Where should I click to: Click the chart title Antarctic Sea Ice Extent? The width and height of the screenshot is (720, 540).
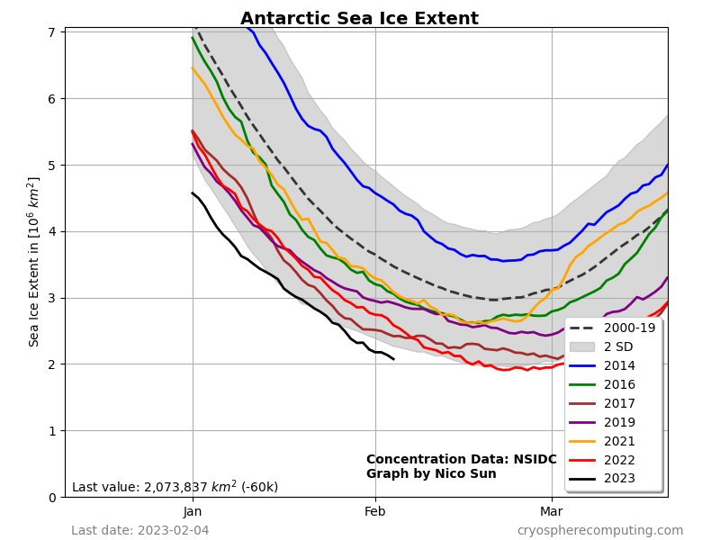pos(359,19)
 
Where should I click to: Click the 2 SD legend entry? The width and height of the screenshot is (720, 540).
pos(618,346)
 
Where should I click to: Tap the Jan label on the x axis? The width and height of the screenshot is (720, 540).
pos(193,511)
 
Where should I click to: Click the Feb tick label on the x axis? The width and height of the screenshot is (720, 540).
pos(375,511)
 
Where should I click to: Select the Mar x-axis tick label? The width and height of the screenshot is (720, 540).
pos(551,511)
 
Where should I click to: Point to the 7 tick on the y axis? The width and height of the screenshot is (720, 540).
pos(52,32)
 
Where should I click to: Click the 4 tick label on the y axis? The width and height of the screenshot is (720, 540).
pos(52,231)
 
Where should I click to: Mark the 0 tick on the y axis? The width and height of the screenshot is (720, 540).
pos(52,497)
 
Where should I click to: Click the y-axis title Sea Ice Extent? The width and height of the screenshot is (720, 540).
pos(34,261)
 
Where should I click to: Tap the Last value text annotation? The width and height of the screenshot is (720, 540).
pos(175,487)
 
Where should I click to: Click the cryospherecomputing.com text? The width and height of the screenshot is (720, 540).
pos(599,530)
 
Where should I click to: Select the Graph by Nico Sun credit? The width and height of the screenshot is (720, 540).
pos(431,473)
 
